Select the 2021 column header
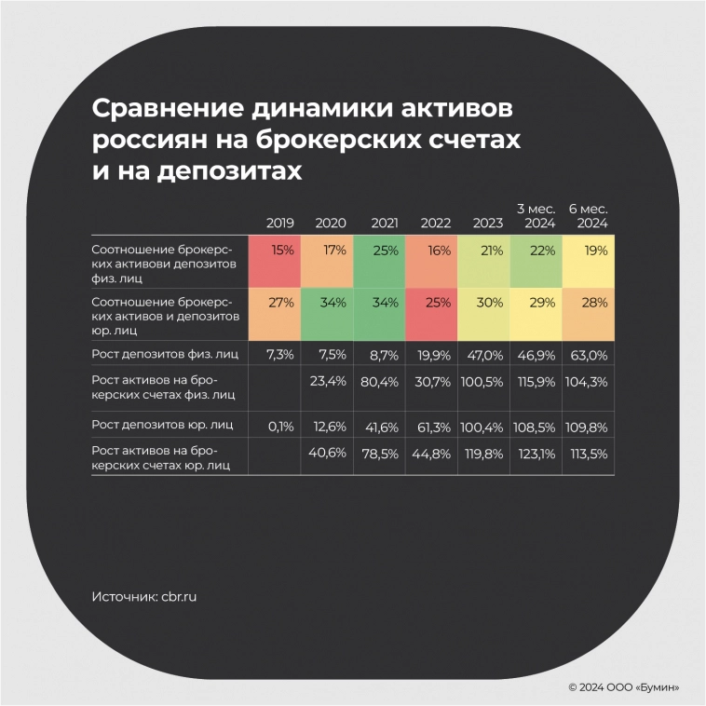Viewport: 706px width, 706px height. [385, 224]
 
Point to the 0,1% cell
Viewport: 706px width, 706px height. [280, 426]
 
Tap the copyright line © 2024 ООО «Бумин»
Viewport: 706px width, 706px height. [623, 686]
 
